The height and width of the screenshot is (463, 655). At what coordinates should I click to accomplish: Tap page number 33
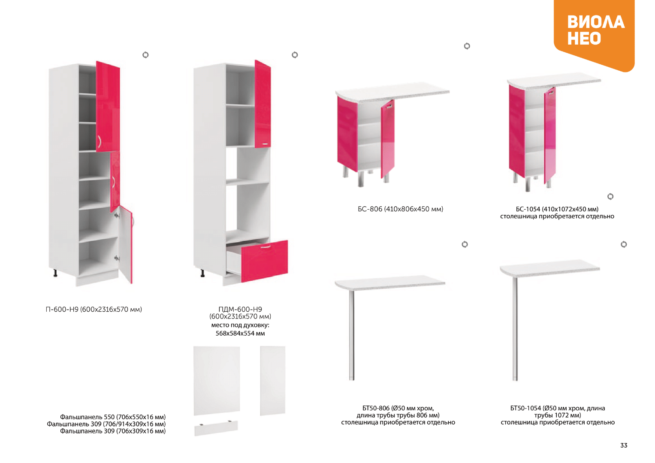point(624,445)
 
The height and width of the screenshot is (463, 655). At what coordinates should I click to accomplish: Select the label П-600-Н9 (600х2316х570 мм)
point(94,309)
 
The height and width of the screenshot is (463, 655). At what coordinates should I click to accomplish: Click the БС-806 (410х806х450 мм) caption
point(400,209)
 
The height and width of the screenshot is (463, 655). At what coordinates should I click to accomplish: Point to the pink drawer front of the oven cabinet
point(264,261)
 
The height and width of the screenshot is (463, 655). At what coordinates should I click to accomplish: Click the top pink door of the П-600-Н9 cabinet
point(108,107)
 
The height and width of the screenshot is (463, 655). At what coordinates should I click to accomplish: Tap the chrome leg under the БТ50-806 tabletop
point(351,335)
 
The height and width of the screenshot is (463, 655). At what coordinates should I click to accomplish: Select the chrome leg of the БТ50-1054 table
point(515,329)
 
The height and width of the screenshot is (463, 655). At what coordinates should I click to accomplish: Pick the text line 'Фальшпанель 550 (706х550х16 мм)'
point(113,417)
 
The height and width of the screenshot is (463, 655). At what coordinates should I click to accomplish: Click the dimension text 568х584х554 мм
point(240,333)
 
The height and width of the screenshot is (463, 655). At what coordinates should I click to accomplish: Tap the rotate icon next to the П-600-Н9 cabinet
point(145,55)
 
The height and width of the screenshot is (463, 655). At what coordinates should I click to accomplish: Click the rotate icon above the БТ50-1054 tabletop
point(624,244)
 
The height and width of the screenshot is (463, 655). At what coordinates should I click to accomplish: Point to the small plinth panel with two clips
point(216,428)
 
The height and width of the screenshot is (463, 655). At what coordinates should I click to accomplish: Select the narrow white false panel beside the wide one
point(272,381)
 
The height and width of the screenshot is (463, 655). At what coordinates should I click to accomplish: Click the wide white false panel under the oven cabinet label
point(217,381)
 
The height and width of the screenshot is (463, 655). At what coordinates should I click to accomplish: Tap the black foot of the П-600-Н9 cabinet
point(55,273)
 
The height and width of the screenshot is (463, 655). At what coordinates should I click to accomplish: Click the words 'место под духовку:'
point(240,325)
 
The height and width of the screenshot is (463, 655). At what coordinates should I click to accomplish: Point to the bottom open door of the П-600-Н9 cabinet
point(126,244)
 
